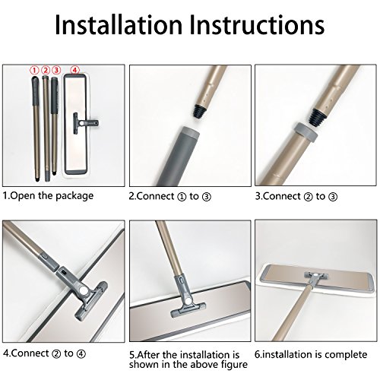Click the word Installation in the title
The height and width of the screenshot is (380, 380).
point(119,24)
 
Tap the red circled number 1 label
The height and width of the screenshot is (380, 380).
point(34,70)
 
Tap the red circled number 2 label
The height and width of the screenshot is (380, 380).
point(46,70)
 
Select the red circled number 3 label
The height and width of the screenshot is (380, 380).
point(56,70)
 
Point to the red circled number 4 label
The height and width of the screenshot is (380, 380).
point(74,70)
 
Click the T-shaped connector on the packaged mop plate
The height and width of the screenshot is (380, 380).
point(84,123)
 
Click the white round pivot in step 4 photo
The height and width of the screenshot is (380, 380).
point(83,290)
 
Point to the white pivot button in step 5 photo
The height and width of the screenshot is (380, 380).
point(188,301)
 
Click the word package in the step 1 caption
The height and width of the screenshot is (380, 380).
point(74,196)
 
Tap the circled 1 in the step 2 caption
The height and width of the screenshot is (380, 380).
point(182,197)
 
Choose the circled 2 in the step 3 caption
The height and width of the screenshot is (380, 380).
point(308,197)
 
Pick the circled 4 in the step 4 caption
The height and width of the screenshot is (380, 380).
point(81,354)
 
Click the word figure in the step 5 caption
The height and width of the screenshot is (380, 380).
point(233,365)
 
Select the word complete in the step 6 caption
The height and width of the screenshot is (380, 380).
point(346,355)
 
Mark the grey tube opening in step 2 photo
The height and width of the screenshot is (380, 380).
point(188,130)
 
